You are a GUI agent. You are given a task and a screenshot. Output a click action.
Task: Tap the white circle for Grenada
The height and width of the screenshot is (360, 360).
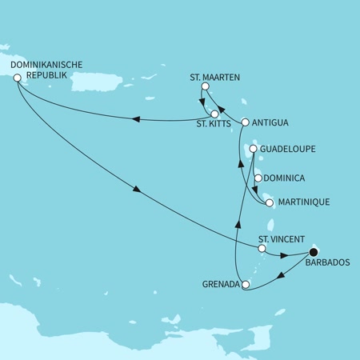(x=246, y=284)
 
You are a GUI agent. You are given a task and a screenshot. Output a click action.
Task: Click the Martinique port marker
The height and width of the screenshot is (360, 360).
(x=270, y=203)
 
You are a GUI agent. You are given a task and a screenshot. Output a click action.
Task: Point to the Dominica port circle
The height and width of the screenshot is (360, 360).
(x=258, y=178)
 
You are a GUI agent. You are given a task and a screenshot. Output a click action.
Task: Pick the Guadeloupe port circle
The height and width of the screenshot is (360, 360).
(x=252, y=149)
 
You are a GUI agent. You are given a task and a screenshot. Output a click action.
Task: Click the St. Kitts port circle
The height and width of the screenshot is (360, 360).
(x=214, y=114)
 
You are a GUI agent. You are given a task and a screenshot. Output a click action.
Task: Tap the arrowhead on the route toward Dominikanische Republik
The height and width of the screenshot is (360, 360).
(x=135, y=120)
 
